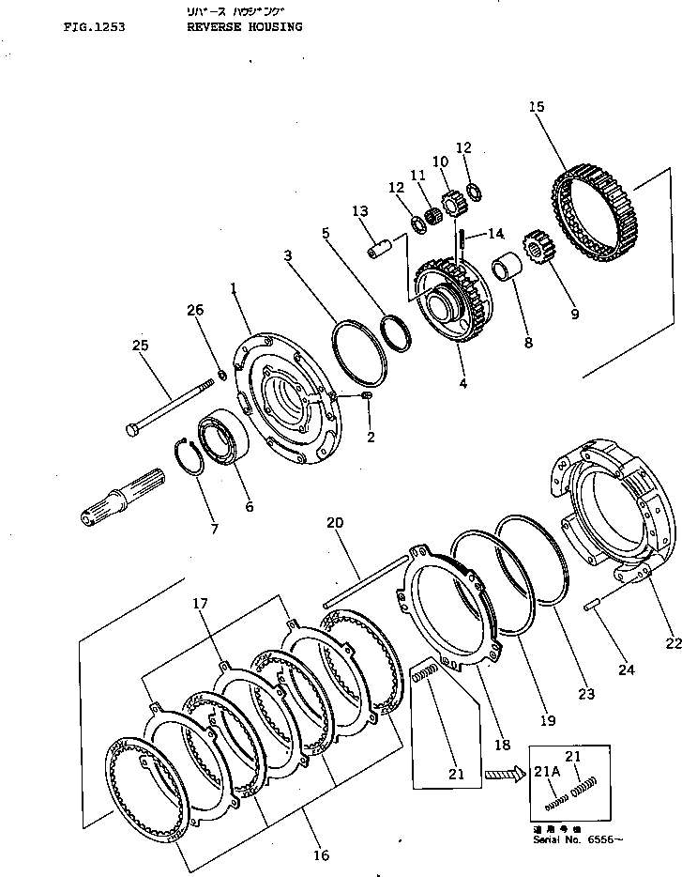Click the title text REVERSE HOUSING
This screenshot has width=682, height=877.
coord(244,27)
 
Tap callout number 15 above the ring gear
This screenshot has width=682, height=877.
coord(537,107)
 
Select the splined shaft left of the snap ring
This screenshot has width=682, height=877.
coord(123,496)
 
